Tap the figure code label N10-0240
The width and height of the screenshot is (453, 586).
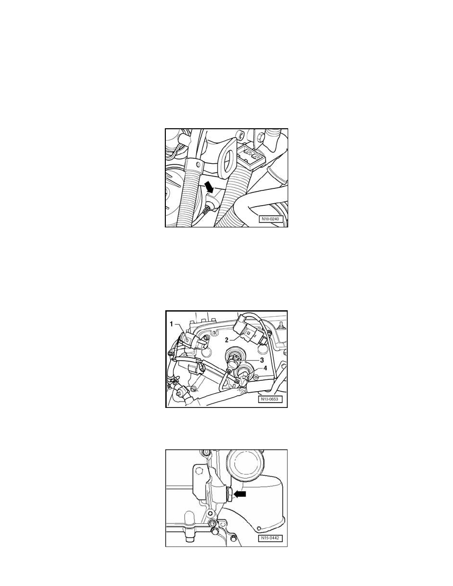(x=272, y=219)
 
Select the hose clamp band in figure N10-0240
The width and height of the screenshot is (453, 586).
(x=194, y=164)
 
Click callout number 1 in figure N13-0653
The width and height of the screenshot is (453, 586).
(x=172, y=324)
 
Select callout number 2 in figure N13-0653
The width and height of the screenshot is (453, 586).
(x=226, y=340)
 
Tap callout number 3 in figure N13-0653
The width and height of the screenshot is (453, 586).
(x=262, y=360)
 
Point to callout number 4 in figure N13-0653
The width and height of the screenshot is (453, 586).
(x=265, y=368)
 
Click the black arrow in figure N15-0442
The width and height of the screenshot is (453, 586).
(x=239, y=494)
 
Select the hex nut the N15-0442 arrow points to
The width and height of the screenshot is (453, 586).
(x=229, y=494)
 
